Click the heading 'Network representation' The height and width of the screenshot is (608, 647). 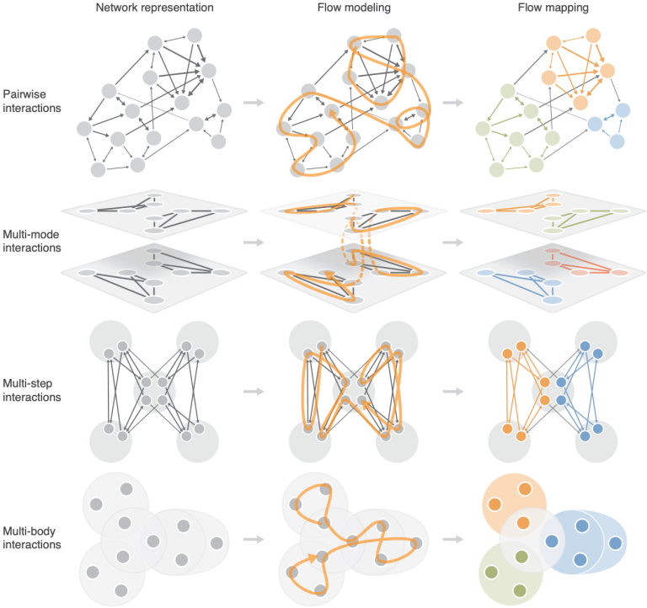[155, 8]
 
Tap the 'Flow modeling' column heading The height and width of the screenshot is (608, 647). [354, 8]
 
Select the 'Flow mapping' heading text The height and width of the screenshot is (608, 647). [553, 8]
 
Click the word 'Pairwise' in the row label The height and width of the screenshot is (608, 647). [24, 94]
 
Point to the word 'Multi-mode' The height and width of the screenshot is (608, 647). [31, 234]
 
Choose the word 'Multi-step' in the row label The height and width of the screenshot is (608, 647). [28, 384]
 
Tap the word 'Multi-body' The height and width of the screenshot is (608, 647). [29, 531]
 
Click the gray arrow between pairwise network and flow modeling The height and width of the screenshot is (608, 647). [254, 102]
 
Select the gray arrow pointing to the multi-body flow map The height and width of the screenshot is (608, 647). [453, 539]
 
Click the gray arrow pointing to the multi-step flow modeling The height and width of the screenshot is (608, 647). [254, 391]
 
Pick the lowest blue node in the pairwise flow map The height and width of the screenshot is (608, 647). [617, 141]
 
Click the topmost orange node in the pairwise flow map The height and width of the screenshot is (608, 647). [593, 35]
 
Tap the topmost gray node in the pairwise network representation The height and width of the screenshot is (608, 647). [195, 35]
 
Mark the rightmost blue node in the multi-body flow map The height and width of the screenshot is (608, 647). [615, 543]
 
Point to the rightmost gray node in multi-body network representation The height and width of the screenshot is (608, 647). [217, 543]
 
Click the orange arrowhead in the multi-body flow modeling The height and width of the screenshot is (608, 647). [312, 559]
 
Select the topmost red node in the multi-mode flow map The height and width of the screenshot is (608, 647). [553, 251]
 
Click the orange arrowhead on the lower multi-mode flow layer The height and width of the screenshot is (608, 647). [329, 275]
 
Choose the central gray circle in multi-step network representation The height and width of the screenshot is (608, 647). [154, 391]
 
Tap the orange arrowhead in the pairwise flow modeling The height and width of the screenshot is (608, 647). [334, 116]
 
